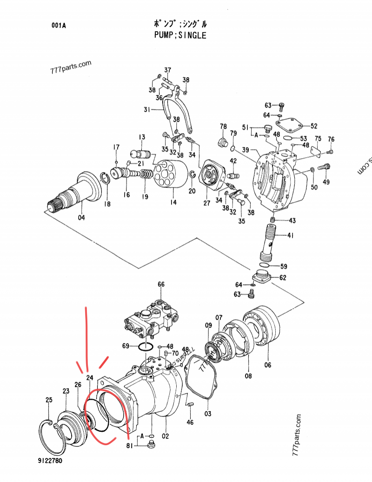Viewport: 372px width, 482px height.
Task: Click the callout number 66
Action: (x=161, y=284)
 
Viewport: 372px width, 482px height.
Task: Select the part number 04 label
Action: (x=81, y=217)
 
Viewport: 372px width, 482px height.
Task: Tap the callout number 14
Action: (x=173, y=202)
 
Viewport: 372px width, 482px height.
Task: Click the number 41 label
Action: (x=291, y=236)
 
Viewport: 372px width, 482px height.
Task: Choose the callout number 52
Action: (x=314, y=126)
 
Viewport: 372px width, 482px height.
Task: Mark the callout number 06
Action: (x=268, y=365)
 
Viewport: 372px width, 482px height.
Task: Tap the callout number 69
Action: (x=126, y=346)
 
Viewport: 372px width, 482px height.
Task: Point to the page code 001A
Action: (x=59, y=26)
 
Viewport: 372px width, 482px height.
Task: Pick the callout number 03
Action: (x=207, y=414)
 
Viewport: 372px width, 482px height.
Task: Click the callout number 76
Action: (x=331, y=139)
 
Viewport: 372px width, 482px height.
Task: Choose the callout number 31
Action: (x=147, y=110)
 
